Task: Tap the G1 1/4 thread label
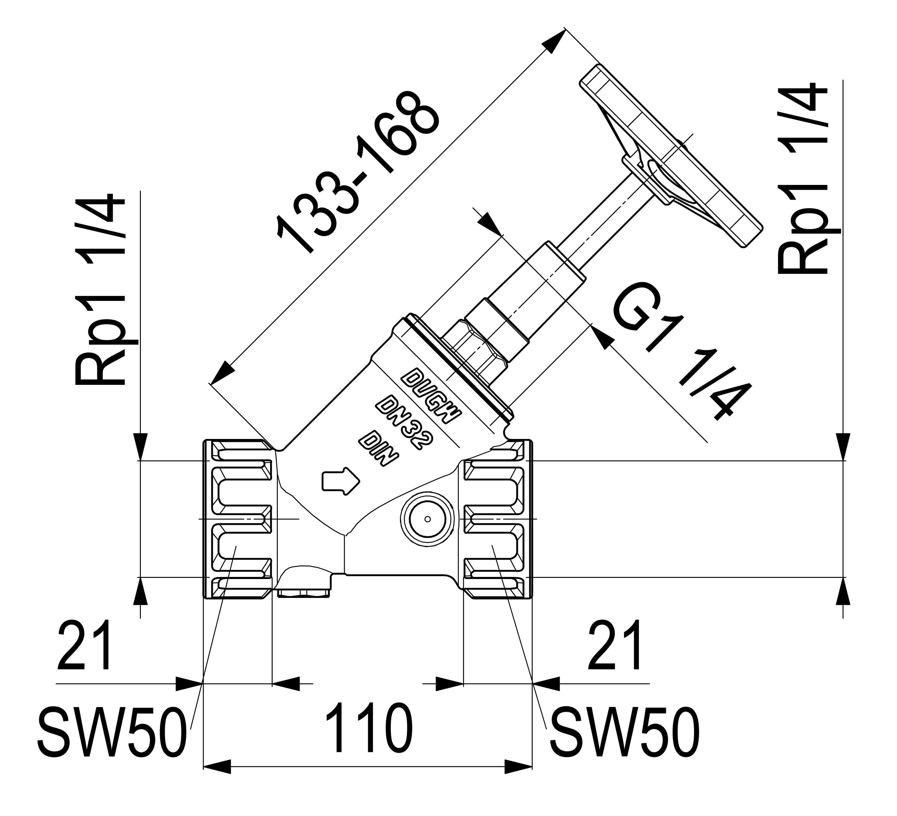point(681,352)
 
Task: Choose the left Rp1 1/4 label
point(100,289)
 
